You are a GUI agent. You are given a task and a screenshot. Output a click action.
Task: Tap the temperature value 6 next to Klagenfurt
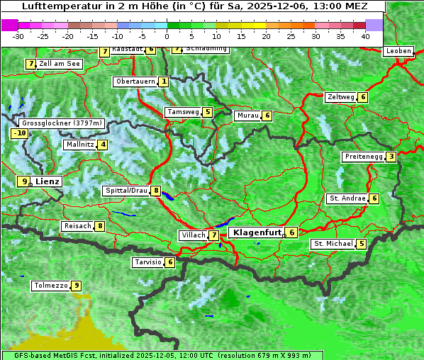(x=291, y=232)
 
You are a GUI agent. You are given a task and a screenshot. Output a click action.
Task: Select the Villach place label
(x=193, y=235)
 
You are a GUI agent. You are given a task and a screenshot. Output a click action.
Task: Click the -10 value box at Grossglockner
(x=19, y=133)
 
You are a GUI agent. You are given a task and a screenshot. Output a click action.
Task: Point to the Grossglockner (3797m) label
(x=62, y=123)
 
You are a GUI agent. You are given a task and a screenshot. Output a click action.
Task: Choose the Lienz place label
(x=48, y=181)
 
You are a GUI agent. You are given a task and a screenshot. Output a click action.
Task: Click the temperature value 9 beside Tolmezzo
(x=77, y=286)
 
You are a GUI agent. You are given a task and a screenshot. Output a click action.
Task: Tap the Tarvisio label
(x=147, y=262)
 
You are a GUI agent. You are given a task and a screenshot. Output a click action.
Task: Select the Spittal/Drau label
(x=125, y=191)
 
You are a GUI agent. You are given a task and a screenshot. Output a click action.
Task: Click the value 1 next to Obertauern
(x=164, y=81)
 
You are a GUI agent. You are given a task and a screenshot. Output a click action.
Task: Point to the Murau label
(x=247, y=116)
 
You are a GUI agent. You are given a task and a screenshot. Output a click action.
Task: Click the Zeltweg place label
(x=340, y=97)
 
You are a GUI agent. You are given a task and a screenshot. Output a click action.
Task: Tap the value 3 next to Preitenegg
(x=391, y=156)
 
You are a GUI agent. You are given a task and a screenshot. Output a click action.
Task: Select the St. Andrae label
(x=346, y=198)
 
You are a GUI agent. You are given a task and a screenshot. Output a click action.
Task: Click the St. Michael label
(x=333, y=244)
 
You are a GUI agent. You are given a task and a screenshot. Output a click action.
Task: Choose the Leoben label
(x=397, y=51)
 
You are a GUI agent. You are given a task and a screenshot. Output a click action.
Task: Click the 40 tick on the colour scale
(x=365, y=35)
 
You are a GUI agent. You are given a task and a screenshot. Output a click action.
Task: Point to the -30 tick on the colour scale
(x=18, y=35)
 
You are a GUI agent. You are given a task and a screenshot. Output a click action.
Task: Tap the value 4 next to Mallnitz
(x=103, y=145)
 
